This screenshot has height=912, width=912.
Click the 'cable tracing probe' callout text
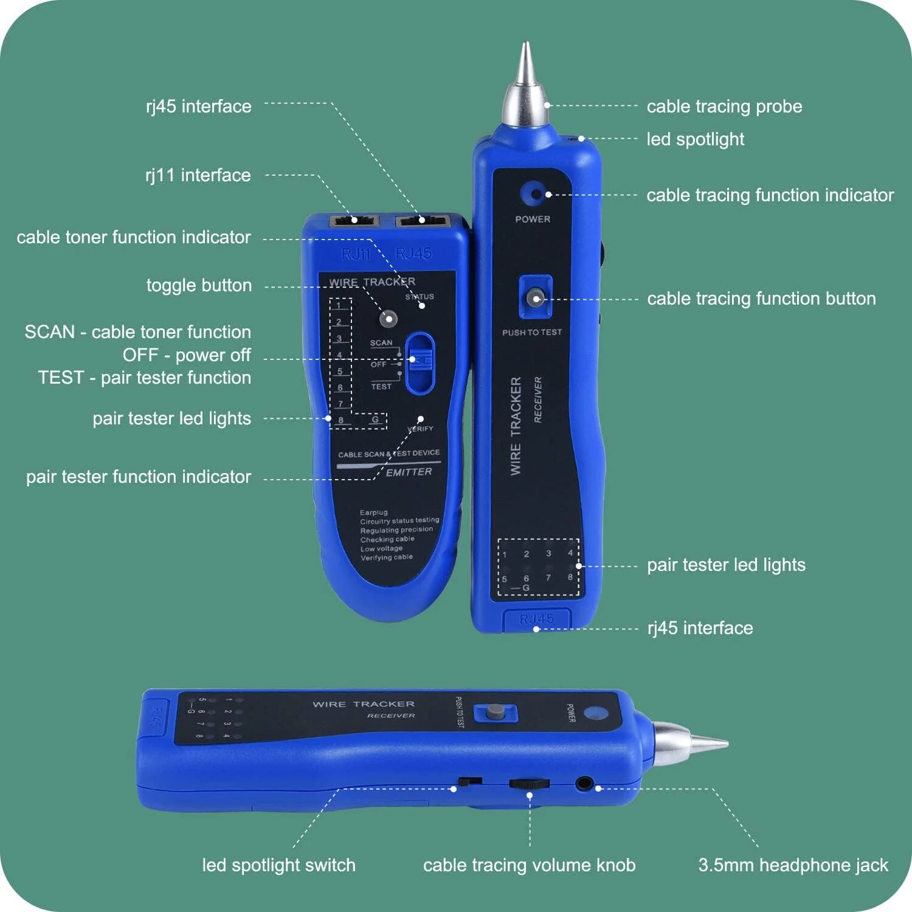(x=724, y=106)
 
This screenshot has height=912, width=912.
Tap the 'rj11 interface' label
(x=198, y=175)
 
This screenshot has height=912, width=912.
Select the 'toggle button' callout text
(x=199, y=285)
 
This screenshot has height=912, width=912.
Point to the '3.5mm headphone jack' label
(x=793, y=865)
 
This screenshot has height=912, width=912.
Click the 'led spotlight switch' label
(x=278, y=865)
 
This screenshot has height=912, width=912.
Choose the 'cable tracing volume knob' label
(x=529, y=865)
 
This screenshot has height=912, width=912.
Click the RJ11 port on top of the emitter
(x=354, y=220)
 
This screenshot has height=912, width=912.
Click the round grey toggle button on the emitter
(x=387, y=318)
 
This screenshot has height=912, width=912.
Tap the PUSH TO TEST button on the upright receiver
(x=535, y=297)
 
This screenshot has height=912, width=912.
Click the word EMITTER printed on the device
(x=409, y=472)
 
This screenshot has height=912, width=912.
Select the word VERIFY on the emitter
(x=420, y=429)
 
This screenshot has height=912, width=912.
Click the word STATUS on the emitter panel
(x=420, y=297)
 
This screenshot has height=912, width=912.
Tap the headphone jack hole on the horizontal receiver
(x=584, y=783)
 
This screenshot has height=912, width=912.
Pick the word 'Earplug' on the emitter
(x=373, y=513)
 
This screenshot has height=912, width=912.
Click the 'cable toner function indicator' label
(x=134, y=237)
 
